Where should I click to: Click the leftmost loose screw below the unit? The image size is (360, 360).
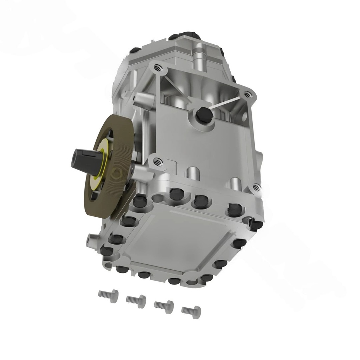pyautogui.click(x=109, y=296)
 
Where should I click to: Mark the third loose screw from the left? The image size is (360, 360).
pyautogui.click(x=164, y=306)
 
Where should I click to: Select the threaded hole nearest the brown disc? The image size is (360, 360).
pyautogui.click(x=157, y=162)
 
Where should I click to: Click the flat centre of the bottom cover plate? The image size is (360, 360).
pyautogui.click(x=176, y=239)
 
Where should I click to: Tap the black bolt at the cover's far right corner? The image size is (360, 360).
pyautogui.click(x=256, y=223)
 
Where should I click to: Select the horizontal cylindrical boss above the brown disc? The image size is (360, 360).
pyautogui.click(x=141, y=101)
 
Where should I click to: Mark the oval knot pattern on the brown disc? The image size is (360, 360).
pyautogui.click(x=117, y=173)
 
